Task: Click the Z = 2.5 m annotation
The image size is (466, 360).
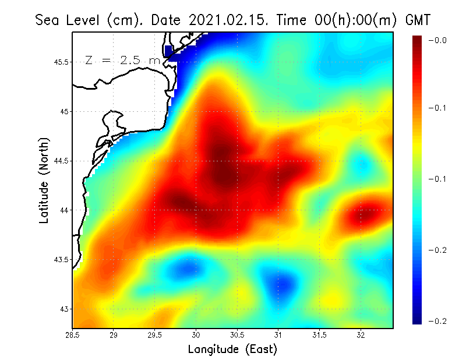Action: (x=122, y=60)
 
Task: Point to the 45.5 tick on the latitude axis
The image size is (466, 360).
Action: (x=61, y=62)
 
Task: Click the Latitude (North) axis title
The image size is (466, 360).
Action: (x=44, y=181)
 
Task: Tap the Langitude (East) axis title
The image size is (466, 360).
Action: (x=232, y=350)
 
